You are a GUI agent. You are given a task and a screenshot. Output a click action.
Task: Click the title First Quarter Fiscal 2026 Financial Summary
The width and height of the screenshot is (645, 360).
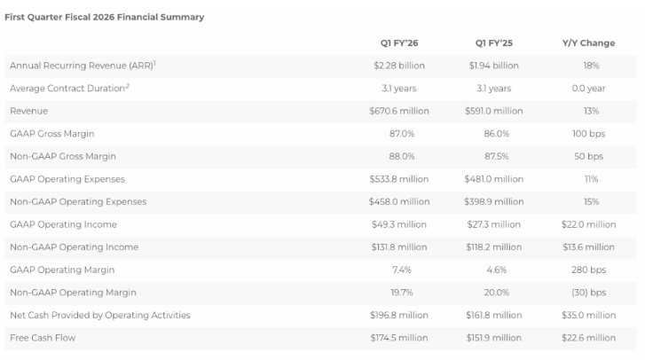click(105, 17)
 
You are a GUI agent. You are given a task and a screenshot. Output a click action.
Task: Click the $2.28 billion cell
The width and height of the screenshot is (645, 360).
click(398, 66)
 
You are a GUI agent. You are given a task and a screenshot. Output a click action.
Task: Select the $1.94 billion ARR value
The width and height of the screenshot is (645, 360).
click(493, 66)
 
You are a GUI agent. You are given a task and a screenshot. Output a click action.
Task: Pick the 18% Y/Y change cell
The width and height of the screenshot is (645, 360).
click(591, 66)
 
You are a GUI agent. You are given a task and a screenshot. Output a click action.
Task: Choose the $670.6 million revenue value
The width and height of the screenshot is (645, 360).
click(398, 111)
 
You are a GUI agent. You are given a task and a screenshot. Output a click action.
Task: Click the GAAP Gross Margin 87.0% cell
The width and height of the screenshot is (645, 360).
click(398, 134)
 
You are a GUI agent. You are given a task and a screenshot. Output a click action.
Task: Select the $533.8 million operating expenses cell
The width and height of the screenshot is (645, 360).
click(398, 179)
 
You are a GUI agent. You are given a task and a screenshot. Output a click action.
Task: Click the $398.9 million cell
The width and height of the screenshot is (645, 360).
click(493, 201)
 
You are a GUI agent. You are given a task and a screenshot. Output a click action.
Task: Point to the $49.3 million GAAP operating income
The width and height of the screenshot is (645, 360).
click(398, 224)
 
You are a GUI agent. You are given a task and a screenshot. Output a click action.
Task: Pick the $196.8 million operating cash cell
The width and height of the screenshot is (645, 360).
click(398, 315)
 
